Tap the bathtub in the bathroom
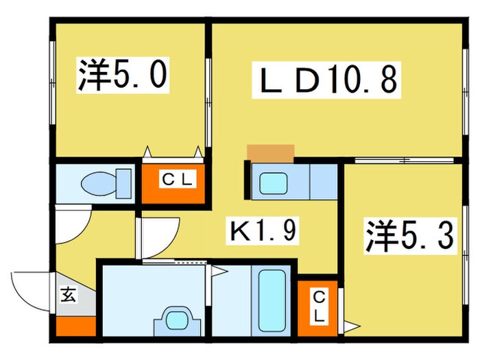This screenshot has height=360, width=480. click(273, 300)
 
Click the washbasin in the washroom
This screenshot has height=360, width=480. click(179, 321)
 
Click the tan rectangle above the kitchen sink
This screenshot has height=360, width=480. click(270, 152)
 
